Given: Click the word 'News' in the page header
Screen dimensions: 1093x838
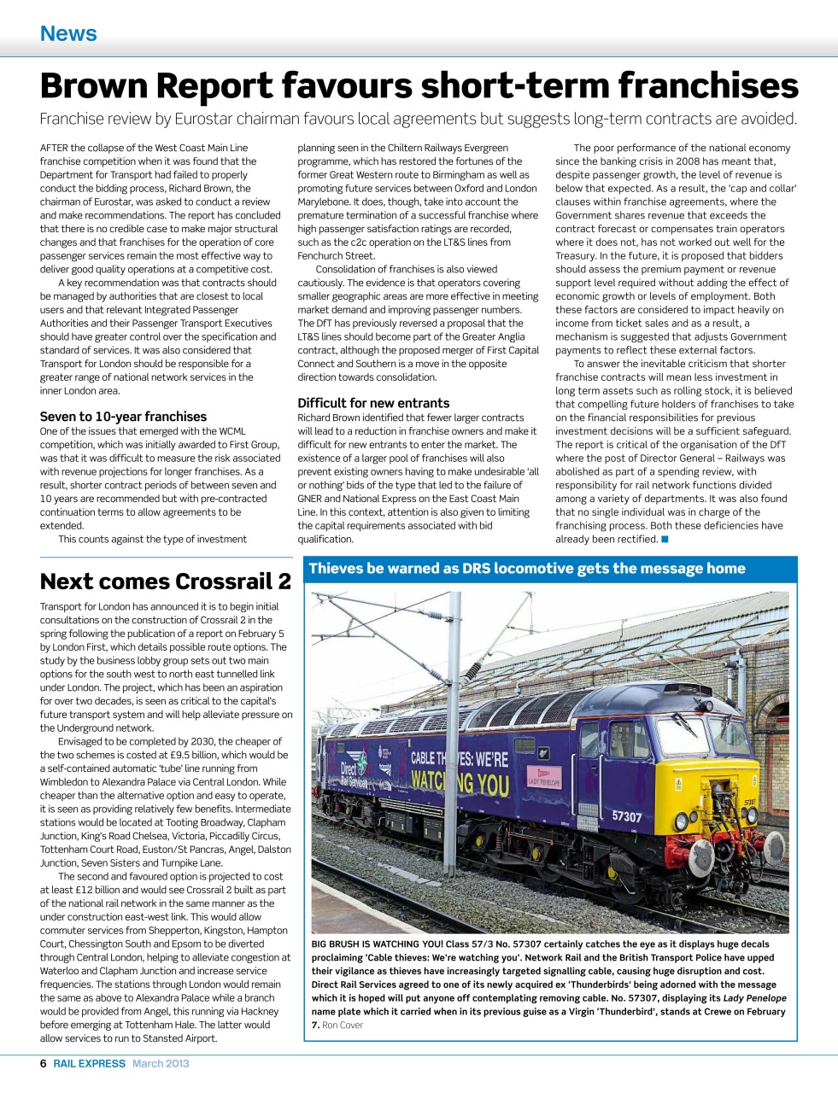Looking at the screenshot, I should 68,33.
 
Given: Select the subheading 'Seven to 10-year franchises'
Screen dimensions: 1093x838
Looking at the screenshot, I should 123,417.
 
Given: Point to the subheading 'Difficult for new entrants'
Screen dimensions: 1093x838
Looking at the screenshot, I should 373,403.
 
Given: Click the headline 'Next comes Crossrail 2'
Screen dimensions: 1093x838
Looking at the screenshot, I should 165,582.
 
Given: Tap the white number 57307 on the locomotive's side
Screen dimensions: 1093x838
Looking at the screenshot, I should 626,816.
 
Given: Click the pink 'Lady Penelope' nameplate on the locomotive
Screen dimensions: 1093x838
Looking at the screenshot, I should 543,778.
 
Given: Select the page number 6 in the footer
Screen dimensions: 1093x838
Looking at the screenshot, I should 44,1063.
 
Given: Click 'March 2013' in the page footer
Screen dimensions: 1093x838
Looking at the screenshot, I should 161,1063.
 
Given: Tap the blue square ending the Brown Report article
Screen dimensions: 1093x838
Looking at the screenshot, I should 665,539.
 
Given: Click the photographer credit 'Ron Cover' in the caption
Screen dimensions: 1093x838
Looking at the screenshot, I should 343,1025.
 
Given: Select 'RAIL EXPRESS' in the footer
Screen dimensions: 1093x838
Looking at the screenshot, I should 89,1063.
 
